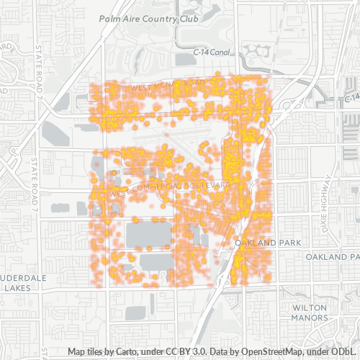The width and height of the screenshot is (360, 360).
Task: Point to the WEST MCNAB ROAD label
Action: coord(164,86)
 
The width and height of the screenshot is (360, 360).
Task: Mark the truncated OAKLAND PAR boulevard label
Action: coord(332,257)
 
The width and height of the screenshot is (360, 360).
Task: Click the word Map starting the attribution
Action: coord(78,352)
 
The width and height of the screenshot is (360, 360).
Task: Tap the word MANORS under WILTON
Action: coord(310,317)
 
